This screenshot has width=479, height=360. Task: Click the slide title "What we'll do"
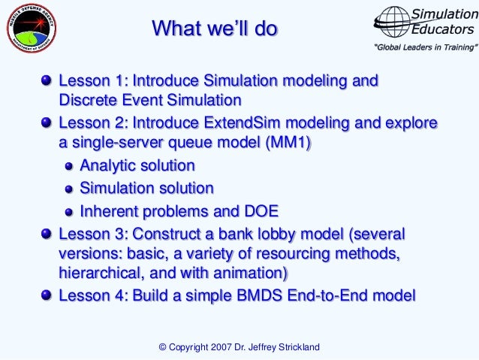(215, 29)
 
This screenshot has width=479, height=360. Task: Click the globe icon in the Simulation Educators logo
(393, 23)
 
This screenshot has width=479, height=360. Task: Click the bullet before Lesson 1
(48, 80)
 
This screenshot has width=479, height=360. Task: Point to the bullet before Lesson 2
(48, 123)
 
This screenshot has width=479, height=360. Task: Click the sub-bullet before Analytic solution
(69, 166)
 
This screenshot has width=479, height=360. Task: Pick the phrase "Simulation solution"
(146, 188)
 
